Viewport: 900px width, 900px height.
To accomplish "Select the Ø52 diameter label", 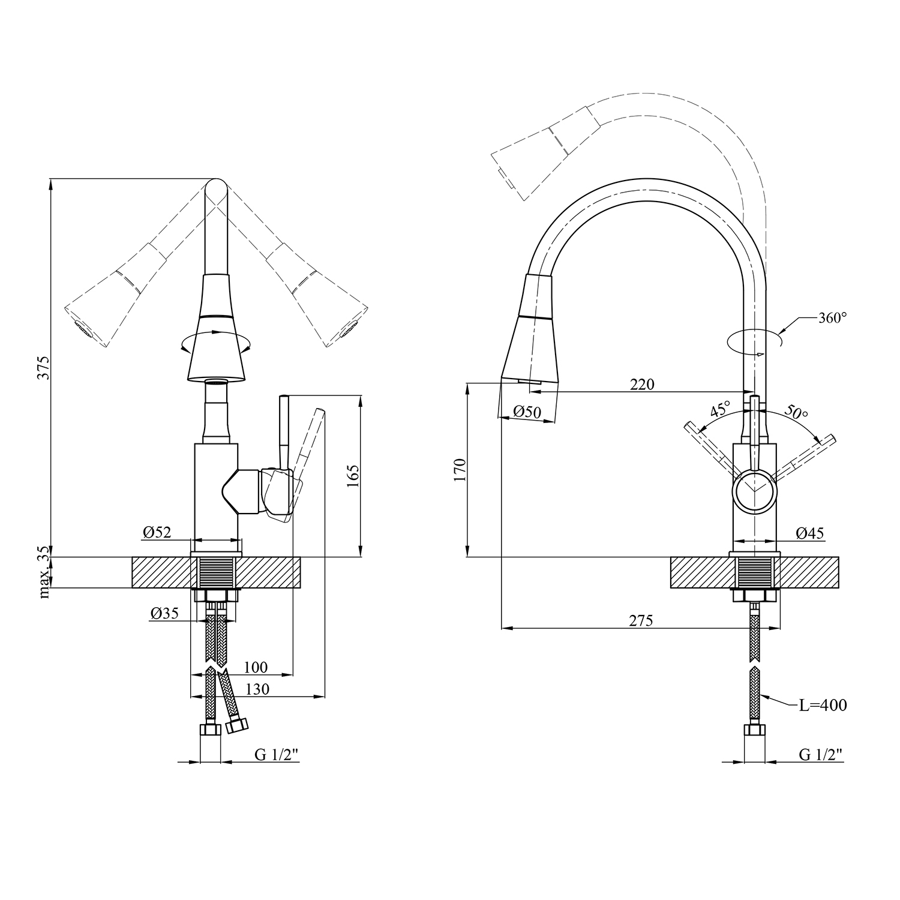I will tap(157, 532).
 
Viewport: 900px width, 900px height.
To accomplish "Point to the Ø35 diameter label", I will tap(164, 613).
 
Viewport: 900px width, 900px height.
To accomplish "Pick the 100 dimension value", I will tap(256, 667).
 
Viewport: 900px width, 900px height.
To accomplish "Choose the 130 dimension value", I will tap(257, 689).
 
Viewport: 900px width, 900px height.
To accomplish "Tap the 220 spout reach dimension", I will tap(642, 385).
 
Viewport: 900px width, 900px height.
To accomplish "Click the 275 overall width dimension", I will tap(641, 621).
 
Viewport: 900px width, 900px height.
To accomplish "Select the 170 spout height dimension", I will tap(460, 470).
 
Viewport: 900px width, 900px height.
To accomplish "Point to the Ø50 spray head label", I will tap(527, 412).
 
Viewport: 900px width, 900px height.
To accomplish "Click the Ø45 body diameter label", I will tap(810, 533).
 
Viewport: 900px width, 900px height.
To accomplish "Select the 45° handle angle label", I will tap(720, 410).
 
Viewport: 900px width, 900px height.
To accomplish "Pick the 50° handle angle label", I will tap(796, 412).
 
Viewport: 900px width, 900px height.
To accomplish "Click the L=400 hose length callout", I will tap(823, 706).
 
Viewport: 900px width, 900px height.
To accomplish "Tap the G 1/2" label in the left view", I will tap(277, 755).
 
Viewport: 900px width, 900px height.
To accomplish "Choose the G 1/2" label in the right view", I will tap(821, 755).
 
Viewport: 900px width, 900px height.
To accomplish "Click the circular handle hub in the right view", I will tap(755, 491).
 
